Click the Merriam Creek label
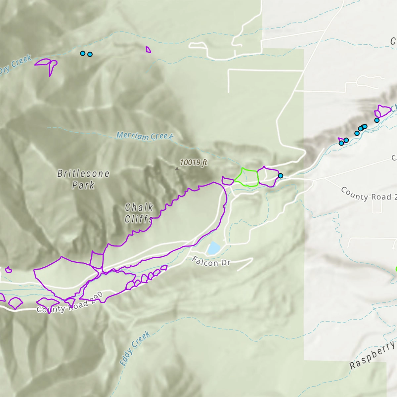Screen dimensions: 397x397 (145, 136)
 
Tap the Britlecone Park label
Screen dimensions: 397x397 (83, 179)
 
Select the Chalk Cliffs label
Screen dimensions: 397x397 (139, 213)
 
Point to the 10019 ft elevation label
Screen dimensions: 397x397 (194, 162)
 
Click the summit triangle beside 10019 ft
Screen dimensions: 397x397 (177, 169)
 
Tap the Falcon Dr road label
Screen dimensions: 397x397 (211, 262)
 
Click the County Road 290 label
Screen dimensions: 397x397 (70, 304)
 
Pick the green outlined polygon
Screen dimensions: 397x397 (247, 178)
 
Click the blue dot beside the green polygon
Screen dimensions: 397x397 (281, 176)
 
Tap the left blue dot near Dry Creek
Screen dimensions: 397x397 (83, 53)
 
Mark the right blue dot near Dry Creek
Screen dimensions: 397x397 (90, 54)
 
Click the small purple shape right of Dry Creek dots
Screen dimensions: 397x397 (148, 50)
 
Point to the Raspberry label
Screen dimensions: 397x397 (373, 355)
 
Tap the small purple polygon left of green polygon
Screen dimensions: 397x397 (228, 181)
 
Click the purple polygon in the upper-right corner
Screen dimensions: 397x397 (383, 110)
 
